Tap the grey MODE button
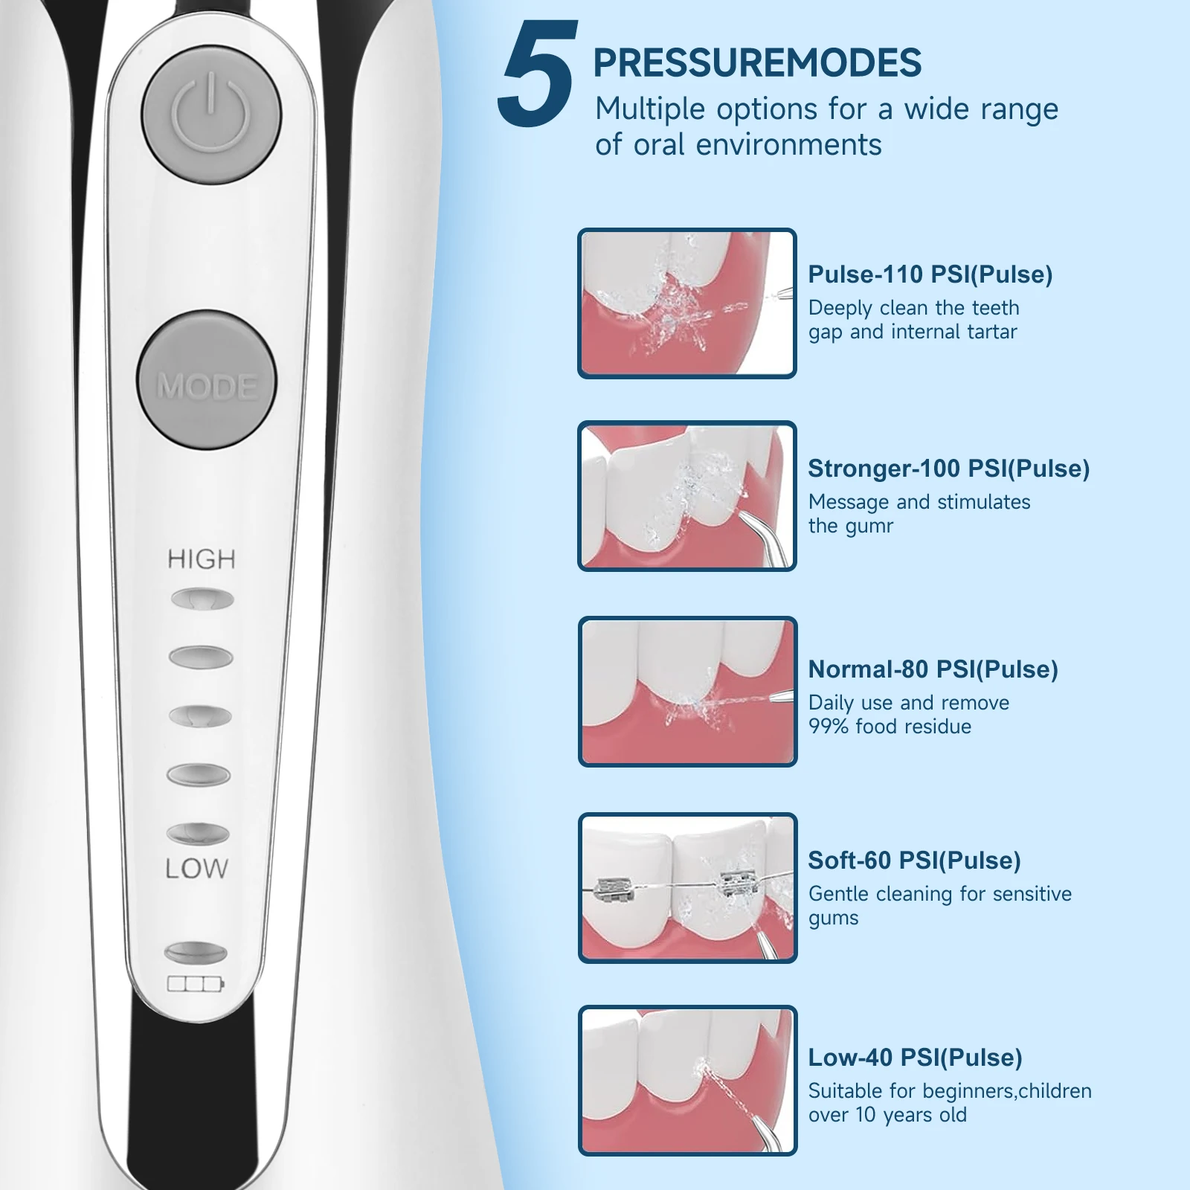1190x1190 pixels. tap(207, 380)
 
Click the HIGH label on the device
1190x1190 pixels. tap(201, 559)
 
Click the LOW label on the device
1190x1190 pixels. tap(196, 869)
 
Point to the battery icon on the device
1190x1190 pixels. tap(195, 985)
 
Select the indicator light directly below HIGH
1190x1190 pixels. tap(202, 599)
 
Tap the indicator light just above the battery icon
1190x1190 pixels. tap(195, 952)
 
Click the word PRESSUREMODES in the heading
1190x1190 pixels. tap(757, 62)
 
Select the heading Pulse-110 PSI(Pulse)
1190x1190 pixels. tap(930, 274)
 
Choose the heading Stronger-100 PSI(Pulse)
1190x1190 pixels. tap(948, 469)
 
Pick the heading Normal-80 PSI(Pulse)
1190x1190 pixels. tap(933, 669)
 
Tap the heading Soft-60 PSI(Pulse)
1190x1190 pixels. tap(914, 861)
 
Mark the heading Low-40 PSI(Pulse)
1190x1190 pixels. tap(915, 1058)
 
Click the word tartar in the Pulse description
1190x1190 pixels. tap(988, 332)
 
